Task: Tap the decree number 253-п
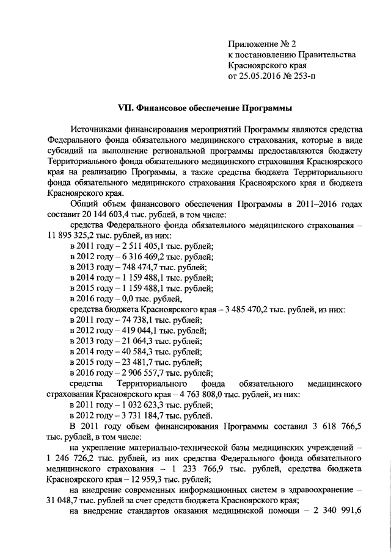pyautogui.click(x=304, y=77)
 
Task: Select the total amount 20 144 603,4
pyautogui.click(x=112, y=215)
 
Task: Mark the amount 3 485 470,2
pyautogui.click(x=244, y=310)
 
